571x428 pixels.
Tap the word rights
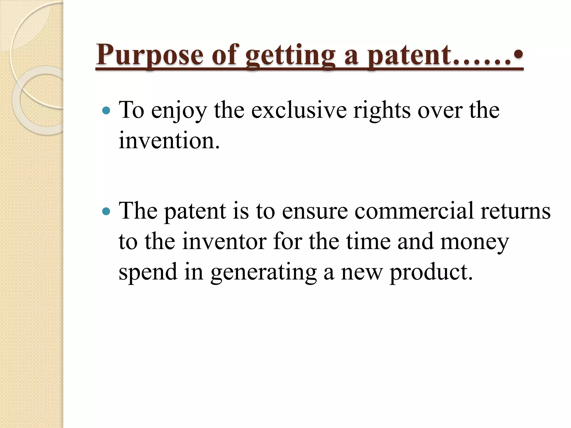click(x=382, y=111)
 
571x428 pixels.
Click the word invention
click(x=169, y=141)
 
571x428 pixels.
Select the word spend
click(x=148, y=272)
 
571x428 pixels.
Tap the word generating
click(x=263, y=272)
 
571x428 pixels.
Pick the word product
click(x=431, y=272)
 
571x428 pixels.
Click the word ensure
click(x=315, y=211)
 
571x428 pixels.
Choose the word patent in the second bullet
click(x=195, y=211)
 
